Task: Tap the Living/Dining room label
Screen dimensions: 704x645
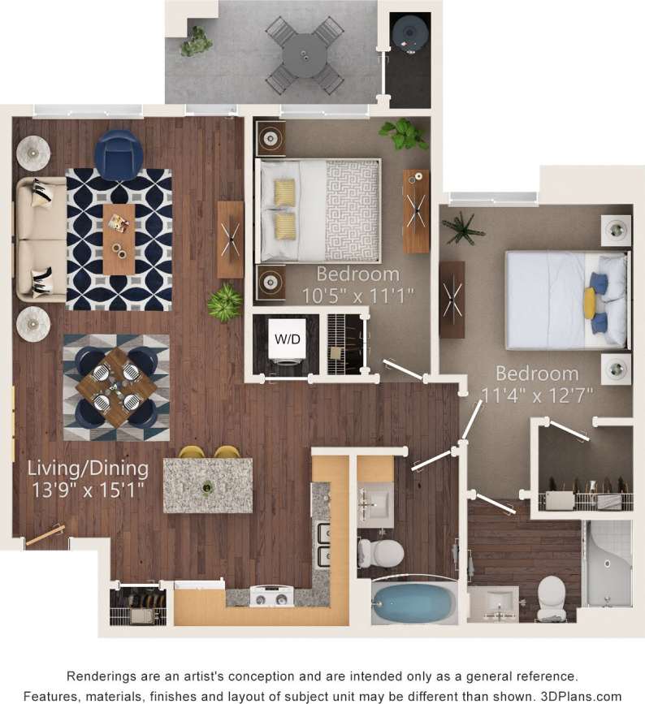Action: tap(88, 469)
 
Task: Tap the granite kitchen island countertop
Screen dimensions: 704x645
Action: tap(208, 486)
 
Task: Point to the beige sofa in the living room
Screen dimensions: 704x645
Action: tap(39, 239)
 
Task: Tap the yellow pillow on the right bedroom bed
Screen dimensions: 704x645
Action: tap(590, 303)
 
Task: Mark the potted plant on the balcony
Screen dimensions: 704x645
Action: tap(195, 41)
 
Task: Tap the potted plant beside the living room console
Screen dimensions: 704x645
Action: tap(224, 302)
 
